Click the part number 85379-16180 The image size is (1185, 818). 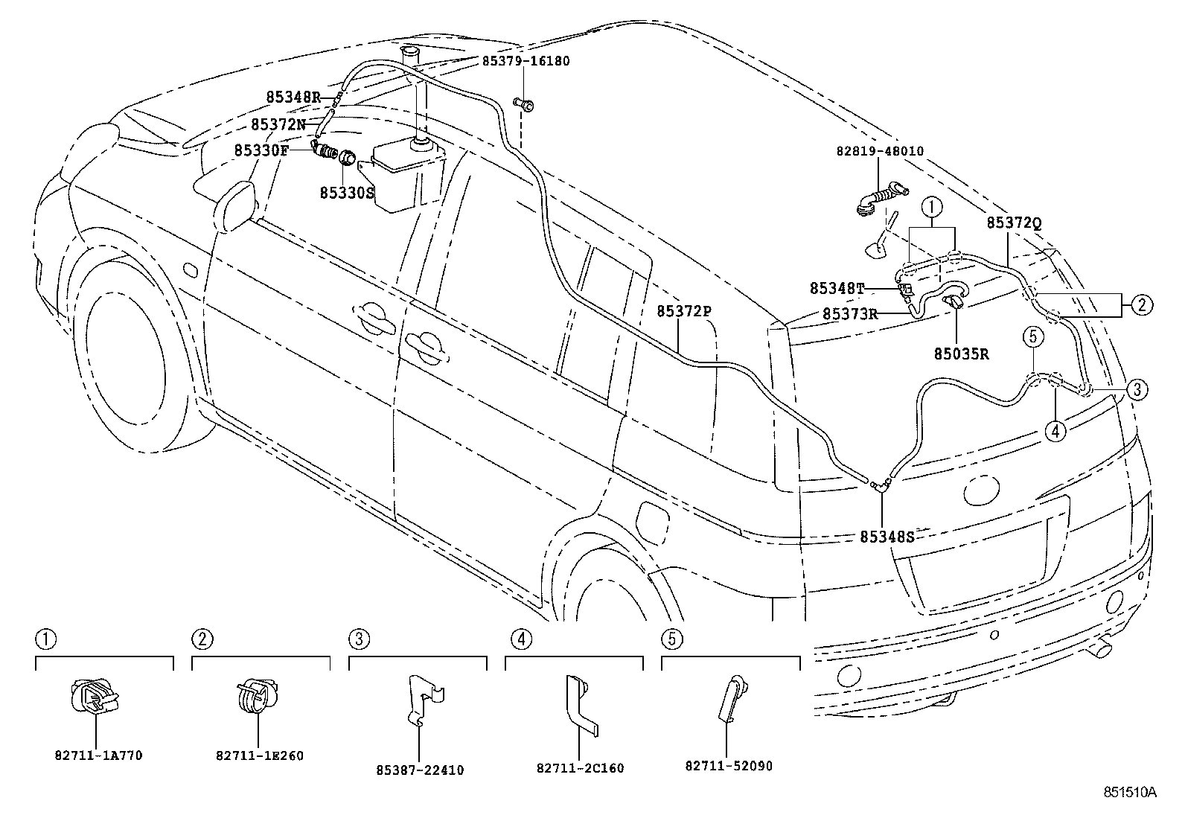pos(526,61)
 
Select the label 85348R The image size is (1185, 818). pos(293,97)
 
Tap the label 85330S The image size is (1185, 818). pos(347,192)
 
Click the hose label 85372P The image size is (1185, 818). pos(684,311)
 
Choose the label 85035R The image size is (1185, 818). pos(962,354)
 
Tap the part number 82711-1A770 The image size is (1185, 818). pos(98,755)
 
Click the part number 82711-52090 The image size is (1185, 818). pos(728,765)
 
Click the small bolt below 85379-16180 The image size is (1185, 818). pos(524,104)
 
